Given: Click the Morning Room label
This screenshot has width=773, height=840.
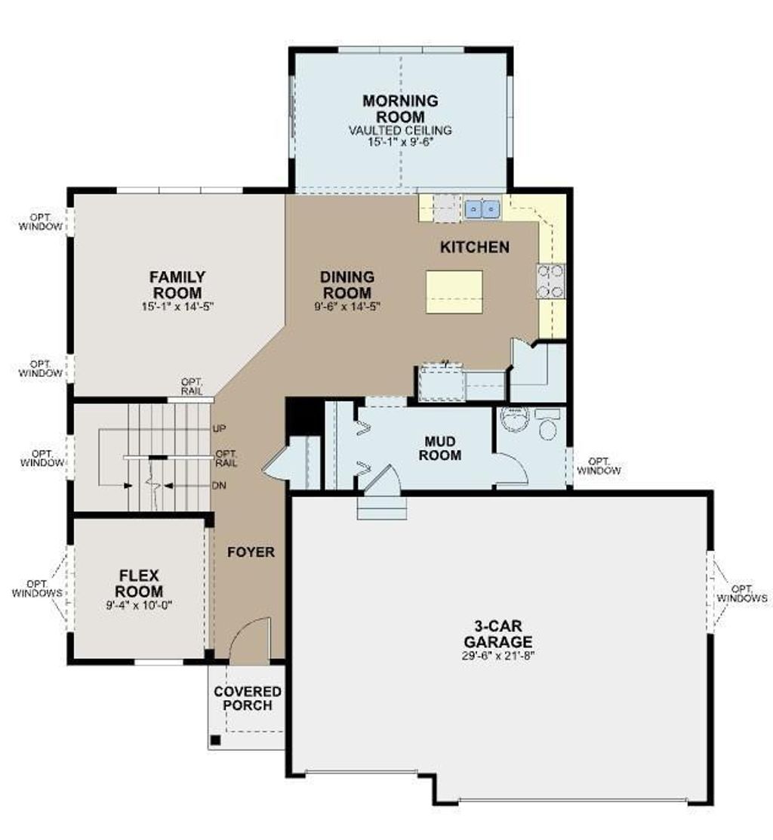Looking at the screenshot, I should click(x=400, y=109).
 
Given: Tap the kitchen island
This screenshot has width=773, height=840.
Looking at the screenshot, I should click(x=454, y=291).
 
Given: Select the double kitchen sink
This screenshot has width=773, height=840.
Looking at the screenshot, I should click(x=482, y=208).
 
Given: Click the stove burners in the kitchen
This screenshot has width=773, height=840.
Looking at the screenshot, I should click(x=551, y=280).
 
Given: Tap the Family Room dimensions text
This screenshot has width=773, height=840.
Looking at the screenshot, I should click(x=177, y=307).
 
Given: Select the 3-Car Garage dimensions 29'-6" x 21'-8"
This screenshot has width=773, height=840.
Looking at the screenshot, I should click(x=498, y=655).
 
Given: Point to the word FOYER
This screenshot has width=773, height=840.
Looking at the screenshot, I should click(x=251, y=552).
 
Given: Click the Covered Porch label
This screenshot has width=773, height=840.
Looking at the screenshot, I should click(x=248, y=699).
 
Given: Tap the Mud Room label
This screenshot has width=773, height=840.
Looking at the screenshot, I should click(x=442, y=447).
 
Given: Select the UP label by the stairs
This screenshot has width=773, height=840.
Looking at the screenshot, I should click(x=220, y=428).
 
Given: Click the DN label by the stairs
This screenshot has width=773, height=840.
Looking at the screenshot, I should click(x=220, y=486).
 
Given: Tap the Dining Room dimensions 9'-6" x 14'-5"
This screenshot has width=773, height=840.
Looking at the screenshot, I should click(x=346, y=307).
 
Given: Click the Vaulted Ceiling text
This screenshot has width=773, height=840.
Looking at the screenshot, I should click(x=400, y=130).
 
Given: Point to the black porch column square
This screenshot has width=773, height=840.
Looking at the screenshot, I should click(x=215, y=740).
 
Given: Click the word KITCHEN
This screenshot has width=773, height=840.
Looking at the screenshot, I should click(x=474, y=247).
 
